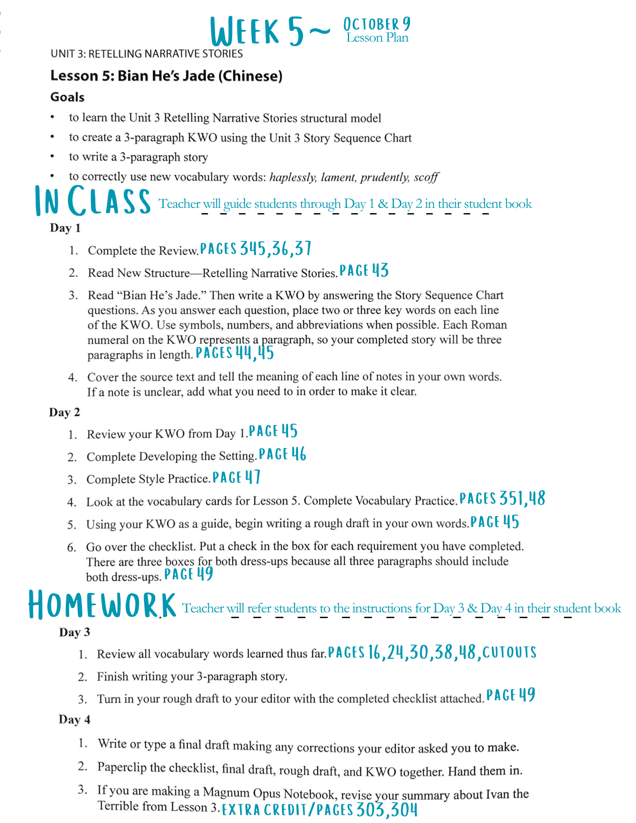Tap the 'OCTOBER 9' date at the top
[x=377, y=24]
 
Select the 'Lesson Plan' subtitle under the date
[x=377, y=38]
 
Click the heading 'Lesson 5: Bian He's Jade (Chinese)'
[x=166, y=76]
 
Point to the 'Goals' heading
[x=67, y=97]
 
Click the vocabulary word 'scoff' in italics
[x=426, y=177]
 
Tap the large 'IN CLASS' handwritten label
[x=93, y=200]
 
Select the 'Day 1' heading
[x=65, y=228]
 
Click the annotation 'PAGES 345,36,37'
[x=255, y=249]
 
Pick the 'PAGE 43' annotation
[x=364, y=271]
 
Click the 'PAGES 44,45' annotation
[x=235, y=353]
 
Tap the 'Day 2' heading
[x=64, y=412]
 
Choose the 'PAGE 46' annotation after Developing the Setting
[x=282, y=454]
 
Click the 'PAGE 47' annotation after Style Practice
[x=236, y=477]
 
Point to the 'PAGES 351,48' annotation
[x=502, y=498]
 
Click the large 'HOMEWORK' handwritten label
[x=102, y=605]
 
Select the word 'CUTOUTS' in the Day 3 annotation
[x=510, y=652]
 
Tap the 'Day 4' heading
[x=74, y=719]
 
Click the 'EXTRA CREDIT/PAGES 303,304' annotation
[x=319, y=810]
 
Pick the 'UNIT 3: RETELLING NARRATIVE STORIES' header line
[x=147, y=54]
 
